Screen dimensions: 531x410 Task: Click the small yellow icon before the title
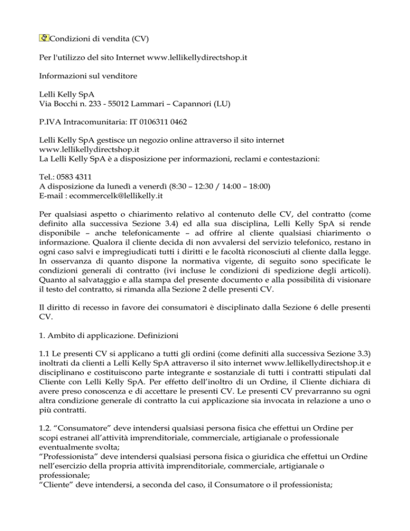44,38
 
